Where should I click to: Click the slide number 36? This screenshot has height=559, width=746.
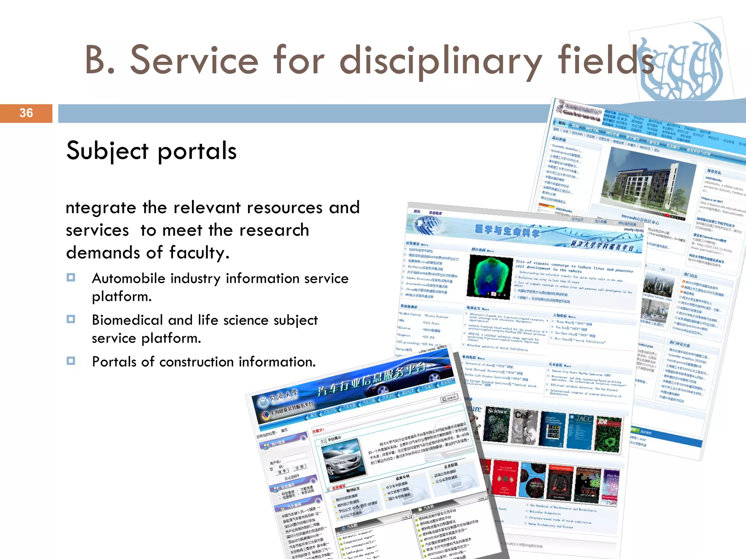tap(26, 113)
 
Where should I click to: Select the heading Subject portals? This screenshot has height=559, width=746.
tap(151, 151)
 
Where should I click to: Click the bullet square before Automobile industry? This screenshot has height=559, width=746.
tap(71, 278)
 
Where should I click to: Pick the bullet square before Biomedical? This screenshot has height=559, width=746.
tap(71, 320)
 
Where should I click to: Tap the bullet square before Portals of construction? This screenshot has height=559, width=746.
tap(71, 361)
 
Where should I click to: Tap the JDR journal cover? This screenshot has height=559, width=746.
tap(608, 435)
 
